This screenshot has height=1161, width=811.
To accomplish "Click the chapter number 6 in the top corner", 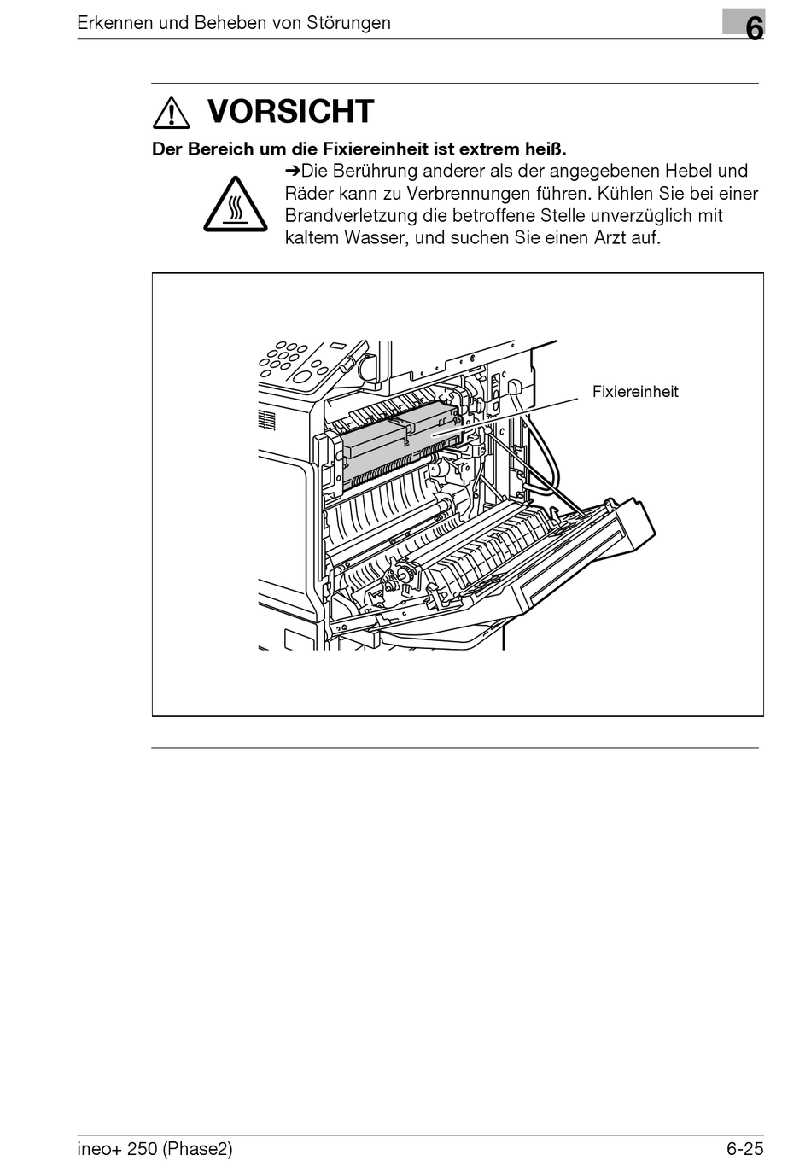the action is pyautogui.click(x=754, y=27).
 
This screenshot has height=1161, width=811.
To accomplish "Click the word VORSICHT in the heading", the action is pyautogui.click(x=290, y=112).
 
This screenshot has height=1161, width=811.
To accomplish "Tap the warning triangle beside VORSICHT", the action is pyautogui.click(x=172, y=113).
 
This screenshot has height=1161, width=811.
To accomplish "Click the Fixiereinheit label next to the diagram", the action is pyautogui.click(x=635, y=392).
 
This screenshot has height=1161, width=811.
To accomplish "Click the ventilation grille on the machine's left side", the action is pyautogui.click(x=267, y=419).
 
